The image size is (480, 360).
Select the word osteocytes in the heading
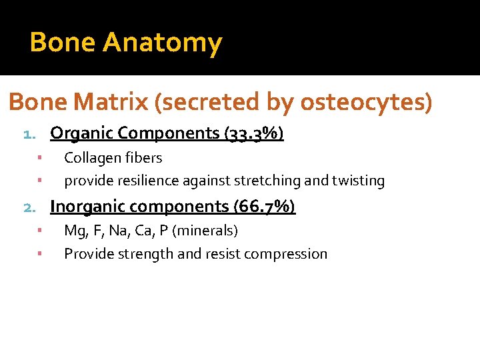click(363, 102)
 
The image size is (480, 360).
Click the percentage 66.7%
click(265, 207)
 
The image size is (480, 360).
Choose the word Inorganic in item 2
click(89, 207)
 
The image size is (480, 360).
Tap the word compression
click(291, 254)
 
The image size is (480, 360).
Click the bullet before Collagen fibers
click(40, 158)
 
